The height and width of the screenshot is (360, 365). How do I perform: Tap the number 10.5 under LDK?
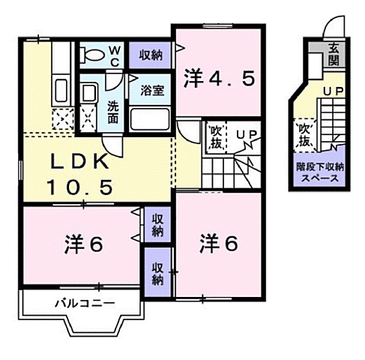coord(82,187)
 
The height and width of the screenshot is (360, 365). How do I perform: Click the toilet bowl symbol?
coord(92,55)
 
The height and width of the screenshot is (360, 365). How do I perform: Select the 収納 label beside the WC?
coord(151,55)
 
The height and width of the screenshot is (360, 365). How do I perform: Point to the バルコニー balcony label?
coord(83,304)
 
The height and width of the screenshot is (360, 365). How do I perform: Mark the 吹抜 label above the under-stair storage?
coord(304,135)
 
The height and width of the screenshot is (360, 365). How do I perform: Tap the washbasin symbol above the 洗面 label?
coord(89,94)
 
